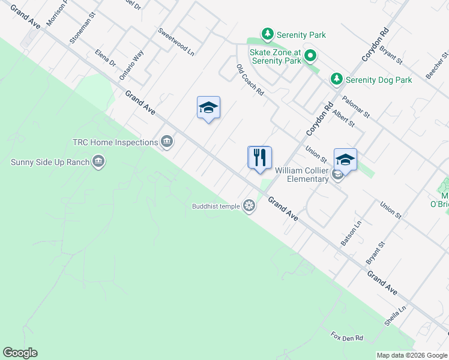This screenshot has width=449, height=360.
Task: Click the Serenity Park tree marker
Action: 268,34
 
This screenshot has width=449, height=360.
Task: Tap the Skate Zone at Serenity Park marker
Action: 310,57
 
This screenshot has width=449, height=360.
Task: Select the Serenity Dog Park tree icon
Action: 337,79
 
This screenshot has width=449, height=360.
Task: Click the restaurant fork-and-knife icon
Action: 259,158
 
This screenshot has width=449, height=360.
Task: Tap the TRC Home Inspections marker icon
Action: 167,142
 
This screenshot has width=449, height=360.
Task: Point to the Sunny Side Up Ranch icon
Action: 98,161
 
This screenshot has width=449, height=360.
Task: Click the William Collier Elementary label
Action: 303,175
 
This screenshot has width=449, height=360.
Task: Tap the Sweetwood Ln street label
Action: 176,41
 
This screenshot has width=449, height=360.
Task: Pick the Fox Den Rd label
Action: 348,338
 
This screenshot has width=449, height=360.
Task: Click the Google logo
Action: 20,353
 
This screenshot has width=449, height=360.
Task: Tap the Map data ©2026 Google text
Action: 412,355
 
